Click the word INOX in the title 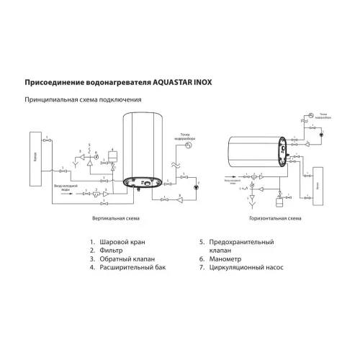click(x=205, y=83)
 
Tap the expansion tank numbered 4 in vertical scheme click(x=113, y=154)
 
